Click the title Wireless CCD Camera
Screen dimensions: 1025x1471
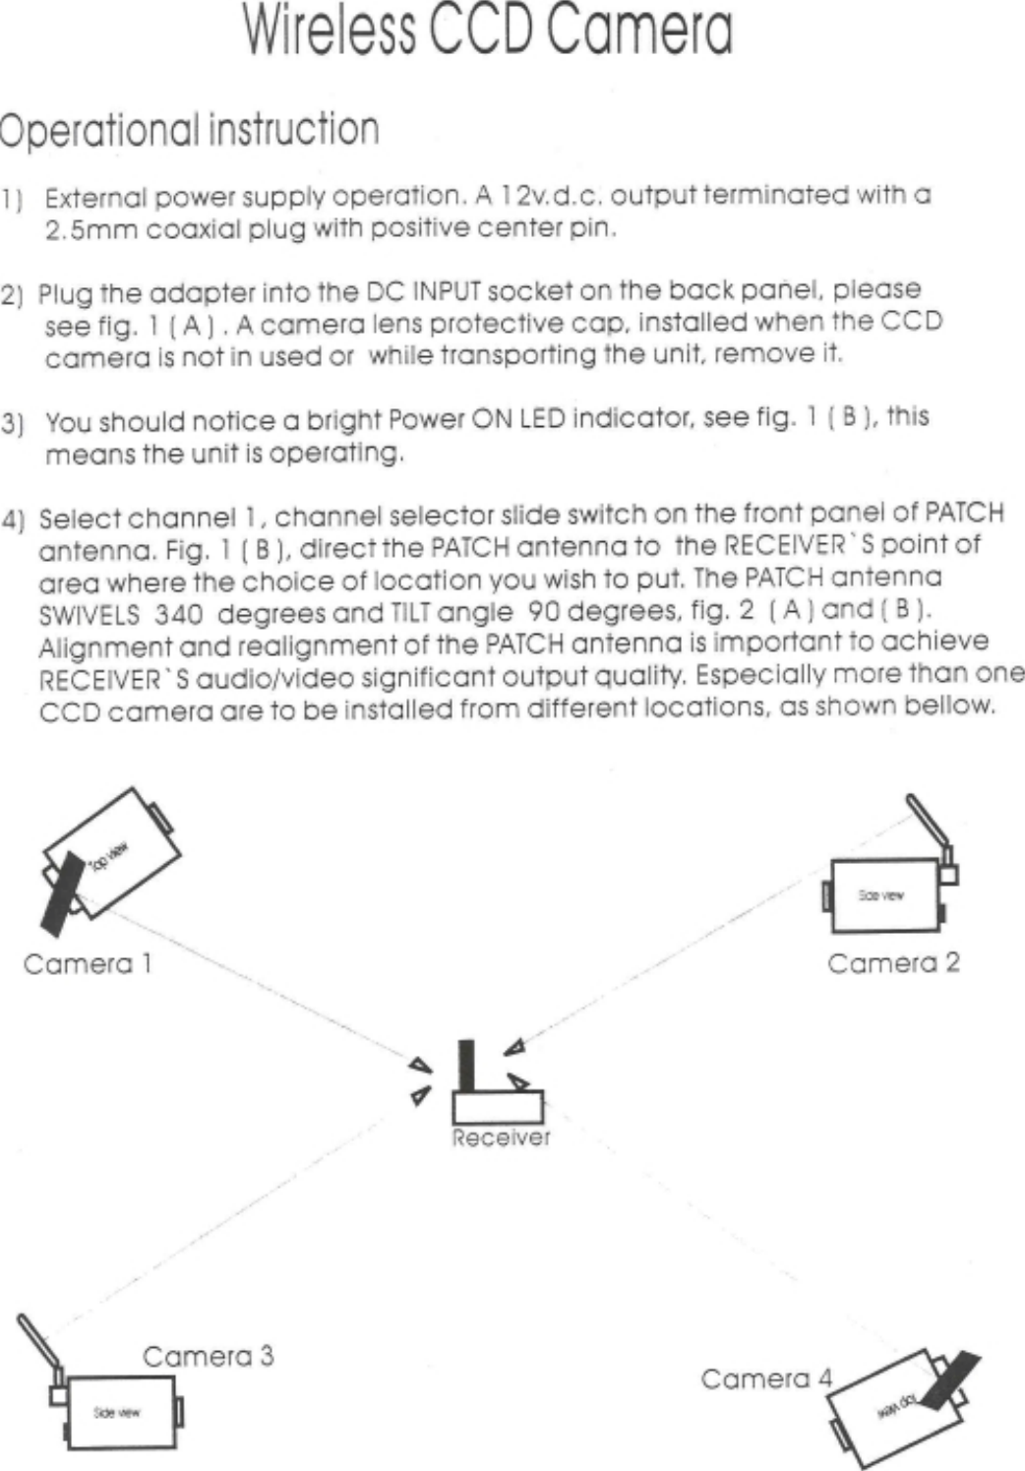(x=487, y=31)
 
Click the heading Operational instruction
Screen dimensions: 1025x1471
(x=190, y=131)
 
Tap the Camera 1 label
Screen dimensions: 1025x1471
(x=88, y=963)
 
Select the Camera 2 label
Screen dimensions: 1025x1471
(x=893, y=962)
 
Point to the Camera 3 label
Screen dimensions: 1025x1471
(x=208, y=1357)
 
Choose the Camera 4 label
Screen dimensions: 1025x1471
(x=765, y=1379)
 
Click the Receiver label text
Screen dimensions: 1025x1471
(x=501, y=1137)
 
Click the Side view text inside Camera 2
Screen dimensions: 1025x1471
(x=880, y=895)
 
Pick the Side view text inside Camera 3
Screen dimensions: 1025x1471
(x=116, y=1413)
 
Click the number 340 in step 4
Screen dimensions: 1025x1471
(x=178, y=615)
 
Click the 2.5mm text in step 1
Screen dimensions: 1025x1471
(x=91, y=231)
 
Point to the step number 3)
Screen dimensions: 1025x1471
(x=13, y=425)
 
